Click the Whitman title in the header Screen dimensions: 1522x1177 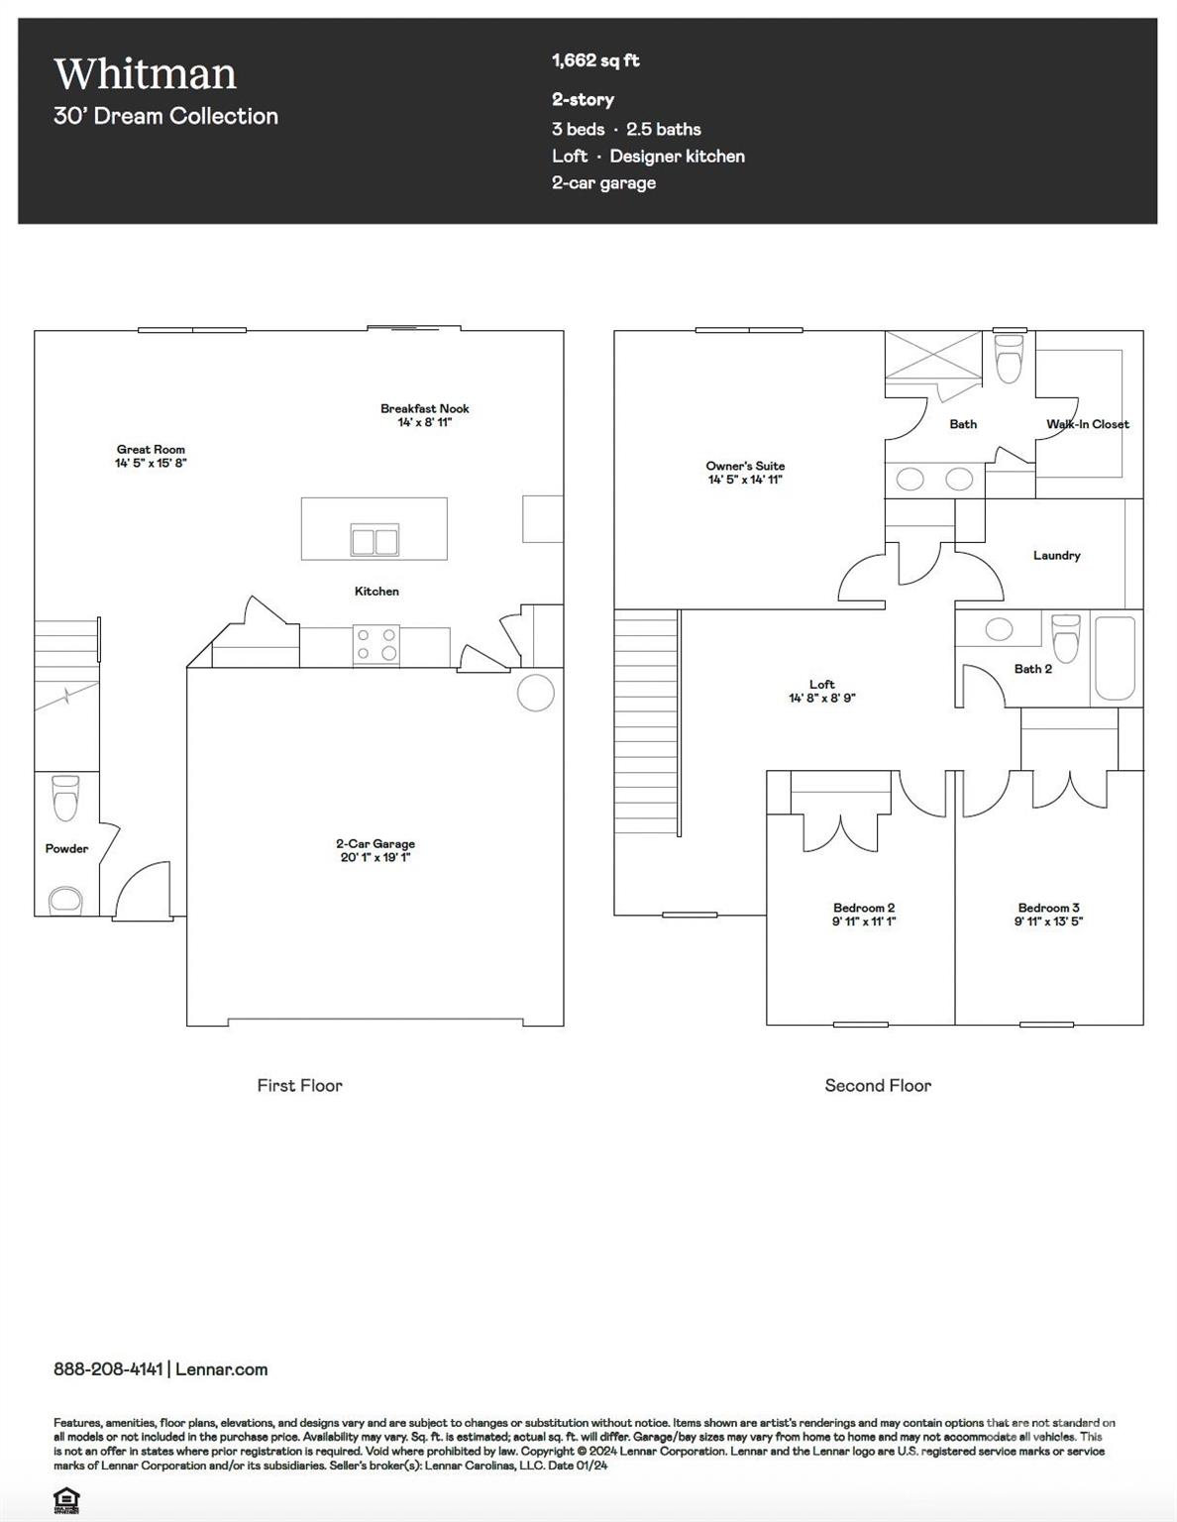(145, 74)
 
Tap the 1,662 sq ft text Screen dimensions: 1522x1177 (595, 60)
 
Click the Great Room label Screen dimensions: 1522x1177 (151, 449)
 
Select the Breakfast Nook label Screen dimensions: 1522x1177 (424, 408)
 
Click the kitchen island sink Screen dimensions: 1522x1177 (374, 540)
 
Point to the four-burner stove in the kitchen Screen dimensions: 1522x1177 (376, 645)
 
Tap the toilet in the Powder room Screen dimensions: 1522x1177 (65, 798)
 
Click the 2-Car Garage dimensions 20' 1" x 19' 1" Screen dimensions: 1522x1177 (374, 857)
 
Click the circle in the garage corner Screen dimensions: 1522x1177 (536, 693)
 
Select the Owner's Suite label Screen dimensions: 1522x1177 (745, 466)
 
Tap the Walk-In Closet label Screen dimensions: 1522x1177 (1087, 424)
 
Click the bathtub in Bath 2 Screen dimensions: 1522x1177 (1115, 658)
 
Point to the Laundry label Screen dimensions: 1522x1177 (1056, 555)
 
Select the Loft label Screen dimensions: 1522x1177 (821, 684)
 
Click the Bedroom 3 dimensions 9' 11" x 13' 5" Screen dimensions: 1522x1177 (1048, 921)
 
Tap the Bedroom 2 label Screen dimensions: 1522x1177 (863, 908)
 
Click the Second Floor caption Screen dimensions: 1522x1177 (878, 1085)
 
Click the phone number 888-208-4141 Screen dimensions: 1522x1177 (108, 1369)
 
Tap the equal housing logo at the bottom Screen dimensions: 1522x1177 (66, 1498)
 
